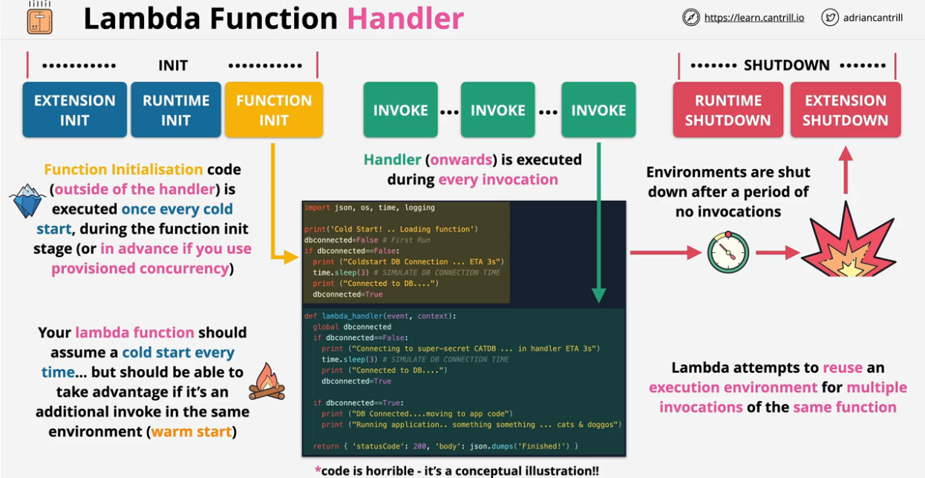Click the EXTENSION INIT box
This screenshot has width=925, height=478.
click(x=74, y=110)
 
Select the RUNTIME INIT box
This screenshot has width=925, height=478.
click(x=176, y=110)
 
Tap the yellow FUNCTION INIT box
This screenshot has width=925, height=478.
click(x=273, y=110)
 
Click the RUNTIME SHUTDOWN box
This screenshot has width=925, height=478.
click(x=728, y=110)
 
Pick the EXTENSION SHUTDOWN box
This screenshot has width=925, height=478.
click(x=845, y=110)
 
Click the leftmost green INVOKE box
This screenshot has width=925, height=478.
click(x=400, y=110)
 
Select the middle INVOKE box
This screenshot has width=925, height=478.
click(x=497, y=110)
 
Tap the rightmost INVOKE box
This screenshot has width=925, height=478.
click(x=598, y=110)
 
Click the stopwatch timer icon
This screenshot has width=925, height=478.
click(x=728, y=252)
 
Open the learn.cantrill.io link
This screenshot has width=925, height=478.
click(x=754, y=17)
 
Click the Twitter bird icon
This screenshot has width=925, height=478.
click(x=830, y=17)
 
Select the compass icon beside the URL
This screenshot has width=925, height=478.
click(x=691, y=17)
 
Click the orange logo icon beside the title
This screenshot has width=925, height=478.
click(x=40, y=18)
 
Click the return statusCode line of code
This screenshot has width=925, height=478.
click(x=445, y=445)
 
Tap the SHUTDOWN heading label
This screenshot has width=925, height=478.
click(x=786, y=65)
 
